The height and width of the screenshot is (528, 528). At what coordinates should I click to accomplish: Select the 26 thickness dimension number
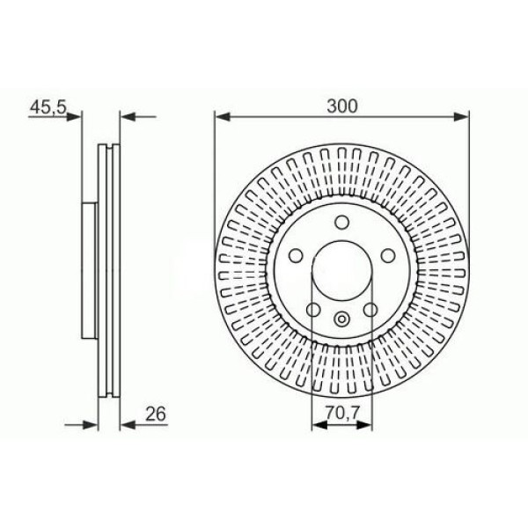click(157, 412)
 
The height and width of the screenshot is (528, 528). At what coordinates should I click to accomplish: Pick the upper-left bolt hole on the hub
click(297, 256)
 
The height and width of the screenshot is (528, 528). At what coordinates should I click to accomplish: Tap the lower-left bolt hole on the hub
click(312, 309)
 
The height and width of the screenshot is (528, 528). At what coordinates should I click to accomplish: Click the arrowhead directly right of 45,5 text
click(77, 115)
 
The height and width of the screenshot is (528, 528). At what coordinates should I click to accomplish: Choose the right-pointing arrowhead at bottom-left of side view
click(91, 424)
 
